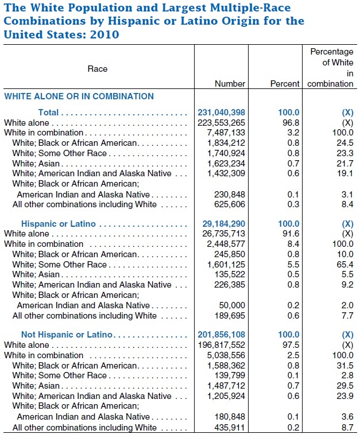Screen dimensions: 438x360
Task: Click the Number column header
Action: [230, 84]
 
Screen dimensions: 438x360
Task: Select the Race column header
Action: [98, 69]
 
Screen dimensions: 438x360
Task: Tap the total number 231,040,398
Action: [221, 113]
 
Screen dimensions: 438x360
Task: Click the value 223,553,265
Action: [221, 123]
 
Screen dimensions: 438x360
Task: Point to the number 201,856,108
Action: [221, 335]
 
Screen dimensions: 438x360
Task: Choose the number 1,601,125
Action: [226, 265]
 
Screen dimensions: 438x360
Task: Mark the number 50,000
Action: [232, 305]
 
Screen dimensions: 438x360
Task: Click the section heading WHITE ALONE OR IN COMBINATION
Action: [79, 96]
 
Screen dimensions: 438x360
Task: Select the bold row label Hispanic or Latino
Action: [58, 224]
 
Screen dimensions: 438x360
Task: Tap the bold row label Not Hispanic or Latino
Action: [67, 335]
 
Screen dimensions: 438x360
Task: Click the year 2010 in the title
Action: [103, 34]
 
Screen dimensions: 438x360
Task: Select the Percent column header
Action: [285, 84]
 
